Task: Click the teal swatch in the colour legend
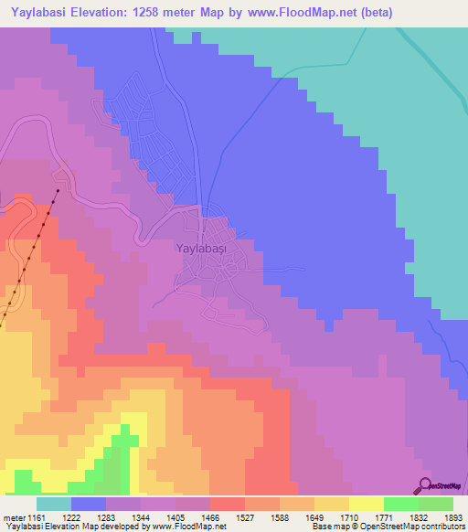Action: (54, 504)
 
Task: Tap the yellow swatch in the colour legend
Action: (367, 504)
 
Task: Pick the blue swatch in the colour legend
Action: (89, 504)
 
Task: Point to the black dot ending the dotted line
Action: (58, 191)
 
